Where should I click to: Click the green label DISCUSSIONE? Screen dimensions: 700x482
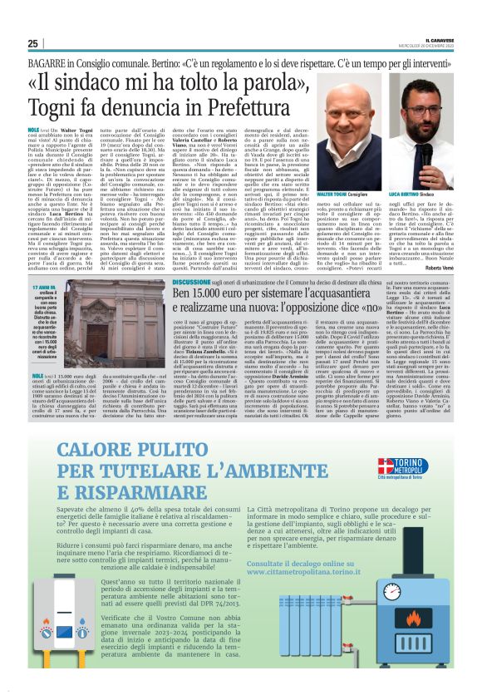191,284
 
